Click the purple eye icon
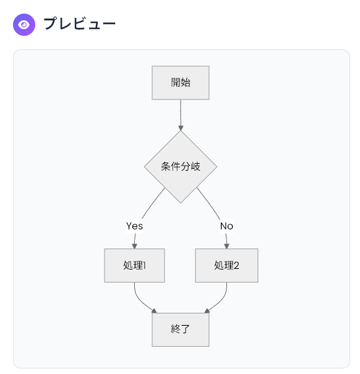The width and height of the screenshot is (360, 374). [x=24, y=25]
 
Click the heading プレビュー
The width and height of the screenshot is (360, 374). [x=80, y=23]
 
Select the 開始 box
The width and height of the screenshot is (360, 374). [x=181, y=83]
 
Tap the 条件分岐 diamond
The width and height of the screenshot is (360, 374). [x=181, y=167]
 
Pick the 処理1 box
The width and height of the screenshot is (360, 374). [x=134, y=265]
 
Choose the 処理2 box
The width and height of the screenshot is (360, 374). [x=226, y=265]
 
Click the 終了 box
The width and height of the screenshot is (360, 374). [x=181, y=329]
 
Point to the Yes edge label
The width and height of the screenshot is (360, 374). [x=134, y=226]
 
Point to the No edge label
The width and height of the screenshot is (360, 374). [x=226, y=226]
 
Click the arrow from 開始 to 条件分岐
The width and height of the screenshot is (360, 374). [x=181, y=115]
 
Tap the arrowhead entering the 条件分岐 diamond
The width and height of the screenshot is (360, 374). [x=181, y=127]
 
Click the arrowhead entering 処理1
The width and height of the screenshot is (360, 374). [x=134, y=246]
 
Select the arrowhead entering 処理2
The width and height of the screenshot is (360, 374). [x=227, y=246]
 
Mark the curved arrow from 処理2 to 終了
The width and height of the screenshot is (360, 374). [x=221, y=301]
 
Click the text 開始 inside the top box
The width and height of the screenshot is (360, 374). [x=181, y=83]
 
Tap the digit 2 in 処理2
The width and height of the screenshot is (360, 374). [x=236, y=265]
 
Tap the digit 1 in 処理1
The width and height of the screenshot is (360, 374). [x=144, y=265]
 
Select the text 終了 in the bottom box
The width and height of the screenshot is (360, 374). [x=181, y=329]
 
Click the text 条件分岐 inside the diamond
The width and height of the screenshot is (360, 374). [x=181, y=166]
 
